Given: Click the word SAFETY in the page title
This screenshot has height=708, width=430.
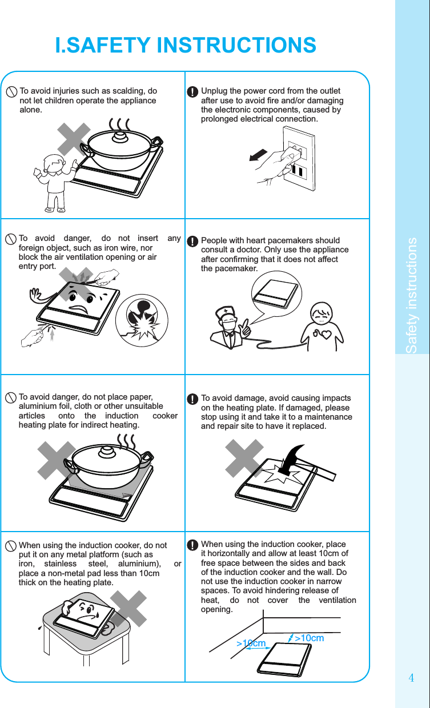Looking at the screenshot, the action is pyautogui.click(x=108, y=45).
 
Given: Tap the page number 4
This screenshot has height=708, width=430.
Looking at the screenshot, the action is pyautogui.click(x=411, y=678).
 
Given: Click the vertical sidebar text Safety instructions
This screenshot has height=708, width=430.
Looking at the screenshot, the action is pyautogui.click(x=411, y=295).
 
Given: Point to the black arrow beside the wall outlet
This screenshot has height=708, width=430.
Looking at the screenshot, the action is pyautogui.click(x=258, y=155).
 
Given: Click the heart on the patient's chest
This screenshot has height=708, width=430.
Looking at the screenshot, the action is pyautogui.click(x=325, y=334).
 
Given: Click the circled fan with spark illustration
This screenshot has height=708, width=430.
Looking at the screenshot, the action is pyautogui.click(x=142, y=320).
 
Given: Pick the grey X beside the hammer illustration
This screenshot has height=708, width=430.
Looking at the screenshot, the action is pyautogui.click(x=244, y=458).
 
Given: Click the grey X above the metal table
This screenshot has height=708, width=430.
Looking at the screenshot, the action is pyautogui.click(x=128, y=609).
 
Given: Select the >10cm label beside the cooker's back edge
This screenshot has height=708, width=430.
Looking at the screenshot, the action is pyautogui.click(x=309, y=638).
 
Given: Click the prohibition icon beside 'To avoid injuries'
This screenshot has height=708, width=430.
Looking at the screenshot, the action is pyautogui.click(x=11, y=92).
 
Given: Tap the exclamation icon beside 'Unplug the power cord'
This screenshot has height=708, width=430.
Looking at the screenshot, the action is pyautogui.click(x=192, y=92).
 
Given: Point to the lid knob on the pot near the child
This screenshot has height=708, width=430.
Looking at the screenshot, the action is pyautogui.click(x=119, y=136).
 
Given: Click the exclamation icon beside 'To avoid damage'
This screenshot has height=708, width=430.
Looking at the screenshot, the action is pyautogui.click(x=192, y=399).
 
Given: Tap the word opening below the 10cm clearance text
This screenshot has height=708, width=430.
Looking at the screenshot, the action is pyautogui.click(x=217, y=610).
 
